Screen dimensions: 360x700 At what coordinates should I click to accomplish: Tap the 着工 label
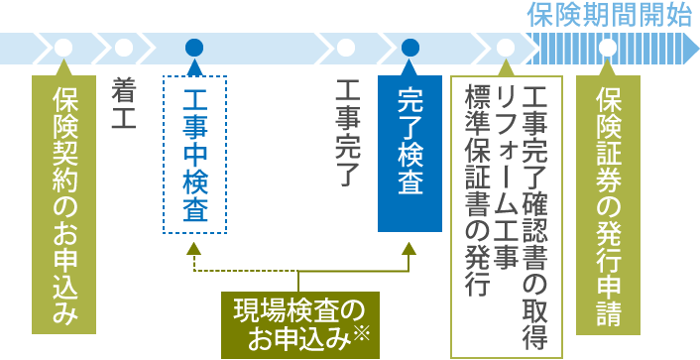[x=124, y=97]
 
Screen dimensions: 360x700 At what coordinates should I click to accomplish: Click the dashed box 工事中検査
[x=194, y=154]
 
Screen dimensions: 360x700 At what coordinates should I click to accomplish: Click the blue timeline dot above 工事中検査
[x=194, y=47]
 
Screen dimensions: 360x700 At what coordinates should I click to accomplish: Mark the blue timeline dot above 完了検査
[x=410, y=47]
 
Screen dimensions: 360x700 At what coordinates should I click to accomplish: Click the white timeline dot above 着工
[x=124, y=47]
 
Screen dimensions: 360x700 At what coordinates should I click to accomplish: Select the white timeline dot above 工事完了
[x=346, y=47]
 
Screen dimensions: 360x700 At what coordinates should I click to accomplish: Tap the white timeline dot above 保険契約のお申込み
[x=64, y=47]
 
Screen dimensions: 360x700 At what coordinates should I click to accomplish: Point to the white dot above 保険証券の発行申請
[x=607, y=47]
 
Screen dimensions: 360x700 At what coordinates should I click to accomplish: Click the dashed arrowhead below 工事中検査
[x=194, y=249]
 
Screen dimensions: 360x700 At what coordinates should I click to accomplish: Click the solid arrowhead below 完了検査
[x=410, y=249]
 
